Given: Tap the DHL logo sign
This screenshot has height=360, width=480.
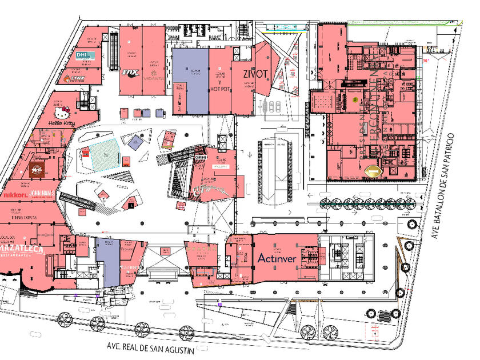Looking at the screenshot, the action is [84, 55].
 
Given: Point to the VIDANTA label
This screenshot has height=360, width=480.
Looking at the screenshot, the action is [153, 79].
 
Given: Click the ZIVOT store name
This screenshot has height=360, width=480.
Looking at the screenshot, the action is [247, 74].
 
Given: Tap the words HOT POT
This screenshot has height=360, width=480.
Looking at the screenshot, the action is [220, 89].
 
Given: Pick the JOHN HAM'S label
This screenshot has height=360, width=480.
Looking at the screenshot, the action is [42, 194].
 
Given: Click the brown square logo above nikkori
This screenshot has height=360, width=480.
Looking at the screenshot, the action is [37, 169].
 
